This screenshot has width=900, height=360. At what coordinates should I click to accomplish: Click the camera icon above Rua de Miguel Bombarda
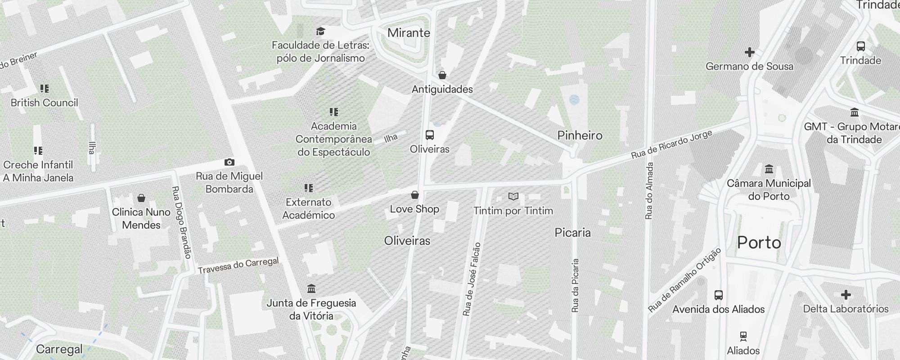click(x=229, y=162)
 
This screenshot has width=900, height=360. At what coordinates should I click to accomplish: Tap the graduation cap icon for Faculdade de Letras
click(x=320, y=31)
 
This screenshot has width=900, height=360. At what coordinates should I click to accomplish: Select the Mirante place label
click(x=409, y=33)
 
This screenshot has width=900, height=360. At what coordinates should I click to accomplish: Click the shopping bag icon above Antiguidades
click(x=442, y=75)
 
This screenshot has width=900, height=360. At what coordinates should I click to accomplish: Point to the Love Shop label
click(x=414, y=209)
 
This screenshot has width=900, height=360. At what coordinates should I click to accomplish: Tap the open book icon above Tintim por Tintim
click(x=513, y=196)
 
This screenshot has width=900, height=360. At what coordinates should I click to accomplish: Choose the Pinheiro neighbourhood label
click(x=580, y=135)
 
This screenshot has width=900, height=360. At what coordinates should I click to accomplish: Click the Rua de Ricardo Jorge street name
click(x=671, y=144)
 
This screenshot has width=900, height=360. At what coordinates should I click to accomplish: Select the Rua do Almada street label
click(x=649, y=191)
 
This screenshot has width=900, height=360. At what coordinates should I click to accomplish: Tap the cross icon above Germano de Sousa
click(x=749, y=52)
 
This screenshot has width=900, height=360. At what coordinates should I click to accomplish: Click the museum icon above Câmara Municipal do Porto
click(x=769, y=169)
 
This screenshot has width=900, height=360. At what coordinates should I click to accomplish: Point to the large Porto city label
click(x=759, y=243)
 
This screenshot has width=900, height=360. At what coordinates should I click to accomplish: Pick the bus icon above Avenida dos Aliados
click(x=719, y=295)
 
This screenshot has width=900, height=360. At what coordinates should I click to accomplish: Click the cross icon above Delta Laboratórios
click(x=846, y=295)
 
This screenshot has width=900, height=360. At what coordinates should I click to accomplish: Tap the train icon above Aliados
click(x=743, y=336)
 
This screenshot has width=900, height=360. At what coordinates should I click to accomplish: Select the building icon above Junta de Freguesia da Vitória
click(x=311, y=288)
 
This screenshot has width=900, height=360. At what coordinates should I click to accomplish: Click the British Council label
click(x=44, y=103)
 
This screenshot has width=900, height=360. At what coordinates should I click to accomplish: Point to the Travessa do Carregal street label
click(x=238, y=265)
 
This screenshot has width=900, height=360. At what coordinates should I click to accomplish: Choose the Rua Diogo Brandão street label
click(x=182, y=222)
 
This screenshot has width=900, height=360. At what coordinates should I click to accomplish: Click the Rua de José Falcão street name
click(x=472, y=279)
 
